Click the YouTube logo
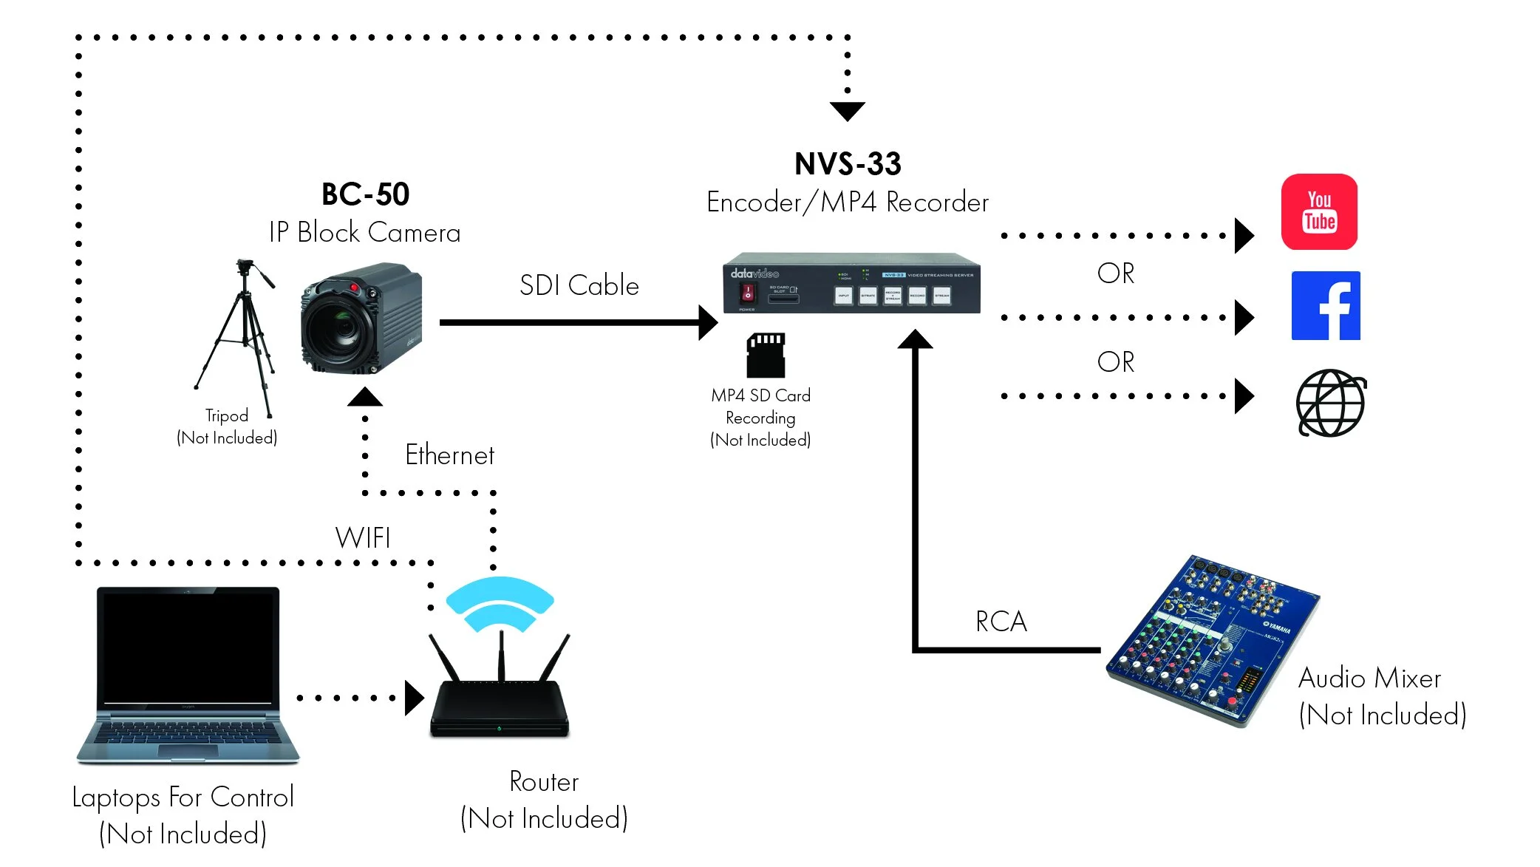(1319, 212)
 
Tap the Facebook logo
(1326, 305)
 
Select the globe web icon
(1331, 403)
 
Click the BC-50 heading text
(365, 194)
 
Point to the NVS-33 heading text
(848, 164)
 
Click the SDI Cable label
(579, 285)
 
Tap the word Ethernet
(449, 455)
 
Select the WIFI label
(363, 537)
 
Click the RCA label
(1001, 622)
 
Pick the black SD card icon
(766, 355)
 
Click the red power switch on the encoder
(747, 293)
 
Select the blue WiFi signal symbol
(500, 602)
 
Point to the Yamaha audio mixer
(1212, 639)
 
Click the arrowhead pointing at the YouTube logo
(1244, 236)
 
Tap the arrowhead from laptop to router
(414, 698)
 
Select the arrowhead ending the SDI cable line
(707, 322)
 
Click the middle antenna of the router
(502, 654)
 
